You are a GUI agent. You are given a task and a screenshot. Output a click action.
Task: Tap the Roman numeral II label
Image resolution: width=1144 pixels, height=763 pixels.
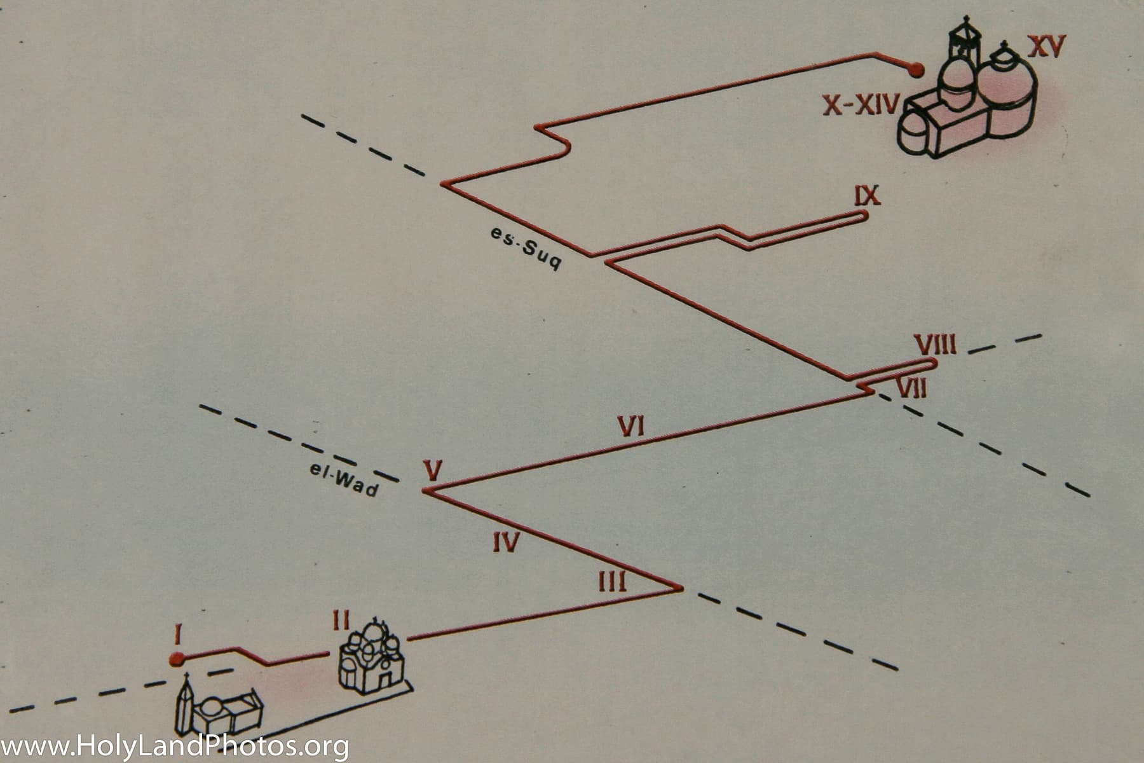341,621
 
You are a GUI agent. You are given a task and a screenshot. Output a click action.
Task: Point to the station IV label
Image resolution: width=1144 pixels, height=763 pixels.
507,542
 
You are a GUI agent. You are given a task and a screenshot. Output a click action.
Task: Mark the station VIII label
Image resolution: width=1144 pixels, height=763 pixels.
935,345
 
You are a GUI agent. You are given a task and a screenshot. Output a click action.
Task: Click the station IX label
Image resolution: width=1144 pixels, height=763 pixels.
867,196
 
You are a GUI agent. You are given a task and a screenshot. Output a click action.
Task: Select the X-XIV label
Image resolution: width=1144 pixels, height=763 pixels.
861,104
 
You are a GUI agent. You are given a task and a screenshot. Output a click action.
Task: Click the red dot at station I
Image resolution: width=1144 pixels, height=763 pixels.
177,659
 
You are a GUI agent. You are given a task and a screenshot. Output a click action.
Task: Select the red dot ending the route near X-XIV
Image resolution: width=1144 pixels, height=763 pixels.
915,70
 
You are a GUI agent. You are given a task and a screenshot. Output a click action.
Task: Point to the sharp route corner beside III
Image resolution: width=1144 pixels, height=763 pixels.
680,588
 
